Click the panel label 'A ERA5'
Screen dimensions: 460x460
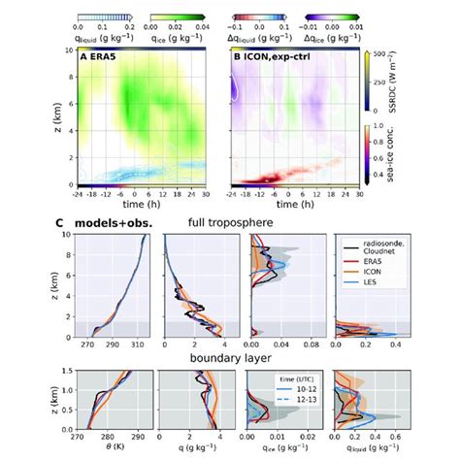tap(99, 61)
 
